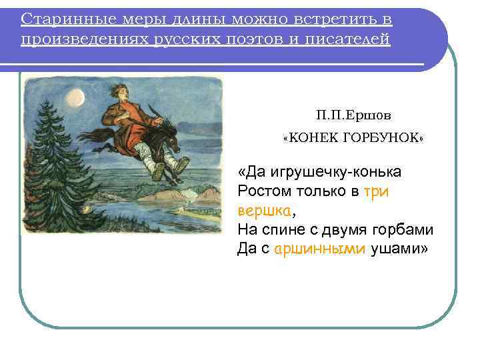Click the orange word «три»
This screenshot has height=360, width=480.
pos(376,191)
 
